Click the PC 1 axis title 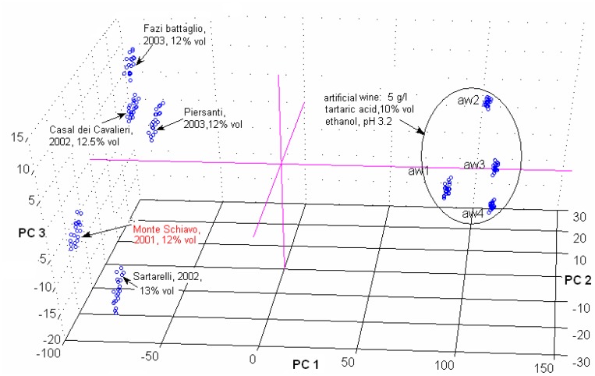pos(306,364)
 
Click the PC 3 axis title pos(30,232)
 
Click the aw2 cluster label pos(468,101)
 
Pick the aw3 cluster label pos(474,165)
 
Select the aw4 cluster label pos(473,213)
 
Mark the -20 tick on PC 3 pos(53,339)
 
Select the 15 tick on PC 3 pos(20,137)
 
